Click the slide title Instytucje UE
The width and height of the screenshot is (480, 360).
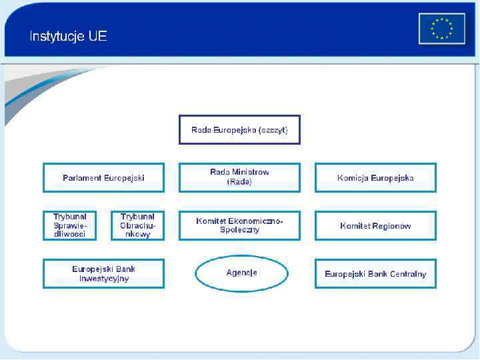click(68, 37)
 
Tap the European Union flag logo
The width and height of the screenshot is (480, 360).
click(441, 29)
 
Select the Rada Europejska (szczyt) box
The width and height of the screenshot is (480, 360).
click(239, 130)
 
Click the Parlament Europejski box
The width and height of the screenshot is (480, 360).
click(103, 178)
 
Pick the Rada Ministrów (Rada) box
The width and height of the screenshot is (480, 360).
click(239, 177)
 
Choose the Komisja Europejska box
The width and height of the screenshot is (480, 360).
click(375, 178)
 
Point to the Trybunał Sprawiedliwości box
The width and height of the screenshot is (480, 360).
click(70, 226)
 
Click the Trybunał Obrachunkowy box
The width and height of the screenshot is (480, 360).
click(137, 226)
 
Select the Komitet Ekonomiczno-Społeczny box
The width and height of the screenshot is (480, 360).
click(239, 226)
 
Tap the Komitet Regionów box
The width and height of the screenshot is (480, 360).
click(375, 226)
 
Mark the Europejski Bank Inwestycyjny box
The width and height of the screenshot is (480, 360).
click(103, 274)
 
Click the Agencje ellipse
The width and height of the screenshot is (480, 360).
click(241, 273)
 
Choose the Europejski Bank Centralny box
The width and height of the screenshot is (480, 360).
click(375, 274)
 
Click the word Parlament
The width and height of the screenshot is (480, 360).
click(82, 178)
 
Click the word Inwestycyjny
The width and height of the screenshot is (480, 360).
click(103, 279)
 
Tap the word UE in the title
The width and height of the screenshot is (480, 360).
click(97, 37)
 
